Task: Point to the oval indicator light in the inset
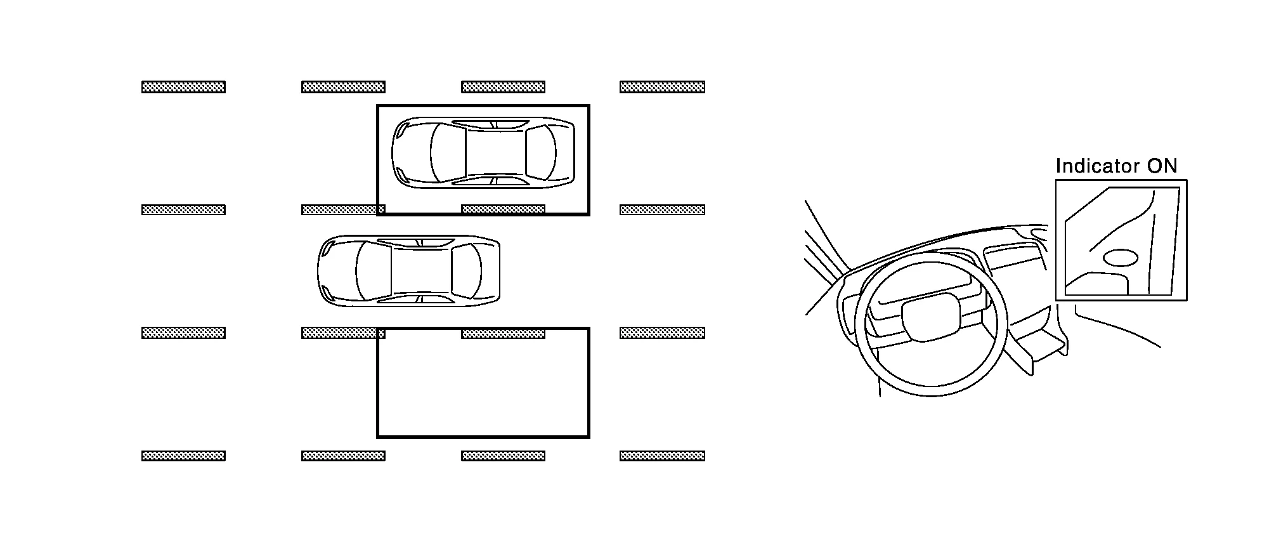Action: click(1121, 257)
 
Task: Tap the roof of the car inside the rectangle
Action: click(496, 152)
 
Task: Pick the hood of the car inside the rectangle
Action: click(412, 152)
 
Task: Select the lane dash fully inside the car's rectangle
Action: click(503, 209)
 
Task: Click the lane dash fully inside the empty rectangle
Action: click(503, 333)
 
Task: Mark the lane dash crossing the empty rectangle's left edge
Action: click(343, 333)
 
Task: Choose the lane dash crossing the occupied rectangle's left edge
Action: click(343, 209)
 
